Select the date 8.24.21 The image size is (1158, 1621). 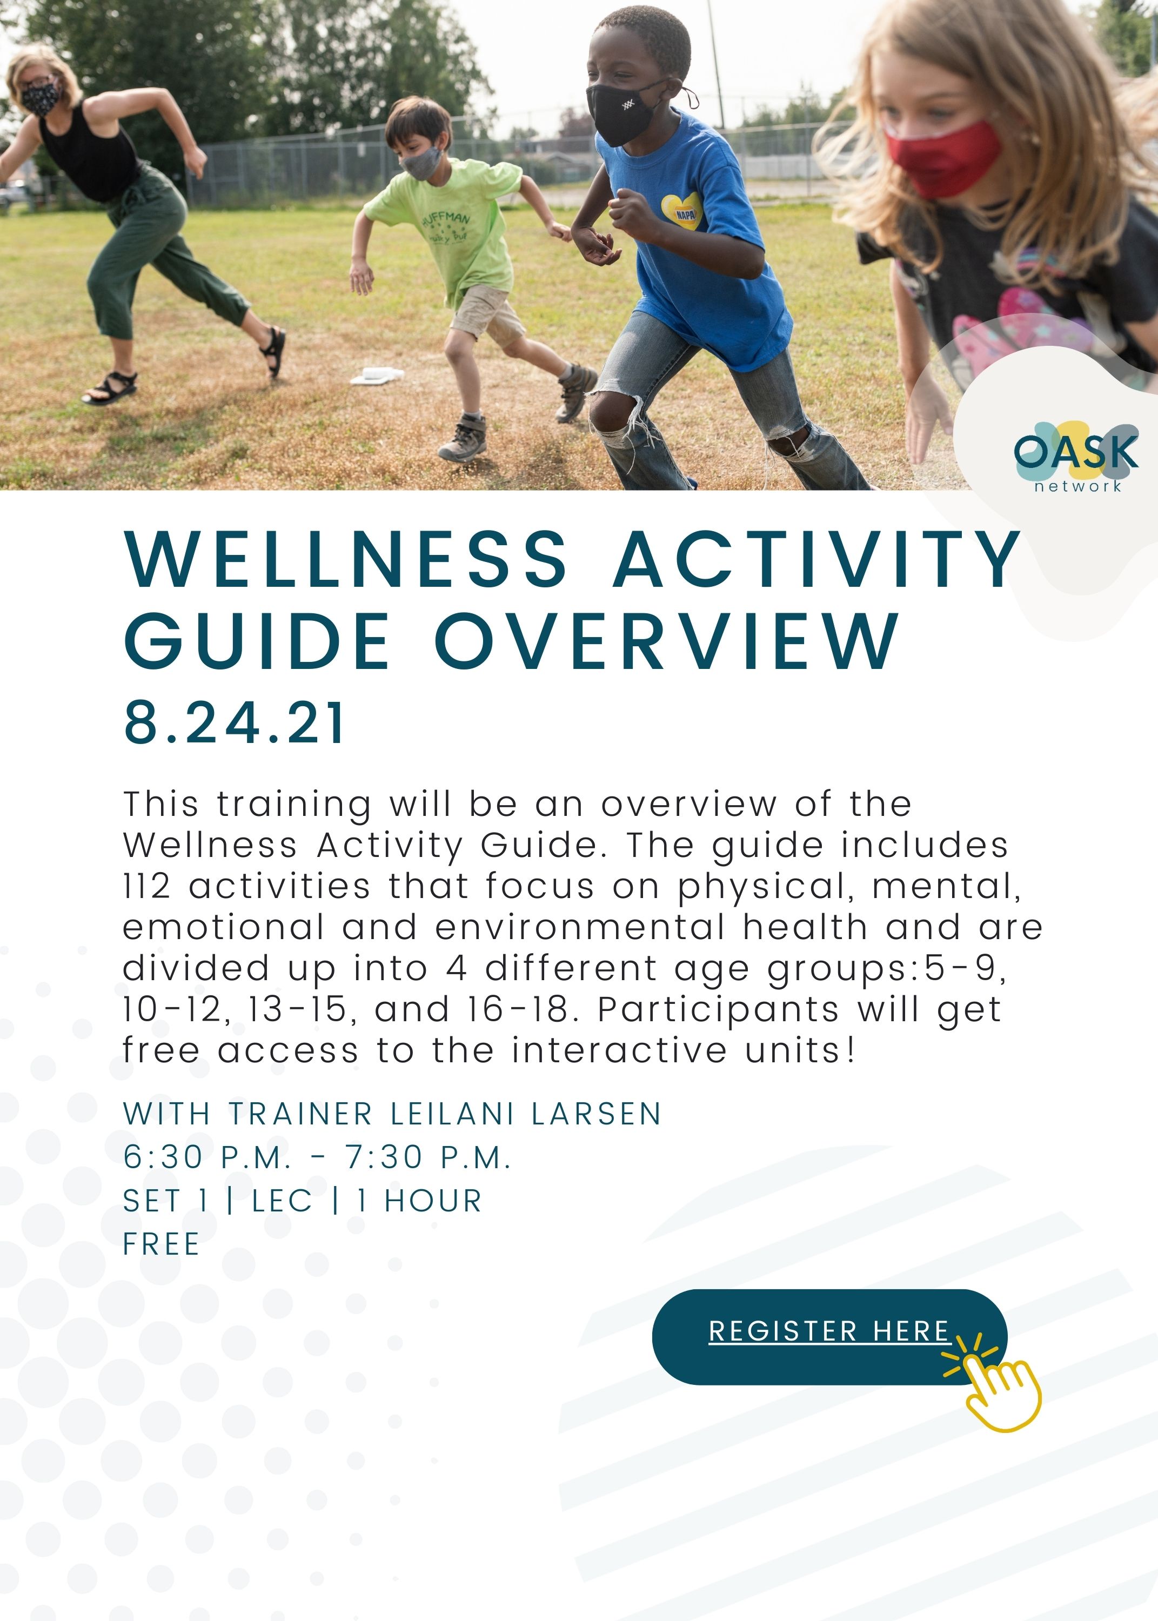[234, 723]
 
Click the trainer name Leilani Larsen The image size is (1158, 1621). [526, 1114]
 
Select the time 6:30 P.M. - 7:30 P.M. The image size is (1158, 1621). [317, 1157]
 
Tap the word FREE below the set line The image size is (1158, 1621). [161, 1244]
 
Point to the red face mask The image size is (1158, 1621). [942, 159]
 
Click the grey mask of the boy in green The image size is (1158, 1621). [421, 163]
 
